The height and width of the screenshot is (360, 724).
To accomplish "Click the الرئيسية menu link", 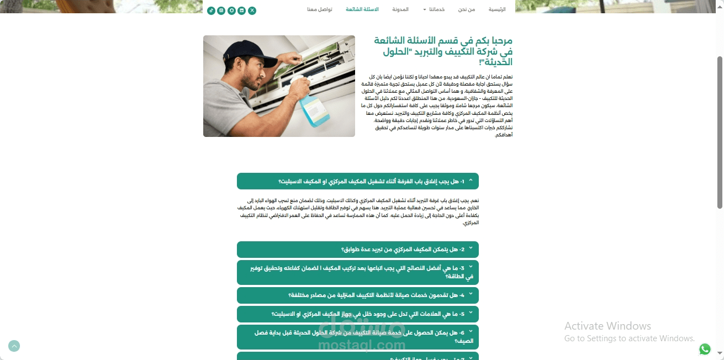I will tap(497, 10).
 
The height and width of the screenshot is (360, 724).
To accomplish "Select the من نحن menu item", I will tap(467, 10).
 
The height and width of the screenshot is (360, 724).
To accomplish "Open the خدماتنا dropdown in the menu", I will tap(434, 10).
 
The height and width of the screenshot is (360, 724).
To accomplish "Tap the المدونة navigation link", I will tap(400, 10).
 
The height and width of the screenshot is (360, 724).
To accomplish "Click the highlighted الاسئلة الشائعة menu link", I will tap(362, 10).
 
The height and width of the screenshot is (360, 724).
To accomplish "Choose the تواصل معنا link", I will tap(320, 10).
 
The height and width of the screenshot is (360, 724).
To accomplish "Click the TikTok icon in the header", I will tap(211, 10).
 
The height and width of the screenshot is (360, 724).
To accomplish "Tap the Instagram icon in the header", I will tap(221, 10).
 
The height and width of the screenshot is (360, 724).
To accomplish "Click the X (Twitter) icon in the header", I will tap(252, 10).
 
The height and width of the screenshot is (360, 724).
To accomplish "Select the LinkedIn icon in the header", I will tap(241, 10).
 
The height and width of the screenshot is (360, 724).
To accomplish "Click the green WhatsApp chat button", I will tap(705, 349).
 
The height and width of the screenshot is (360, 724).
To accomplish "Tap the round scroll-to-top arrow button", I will tap(14, 346).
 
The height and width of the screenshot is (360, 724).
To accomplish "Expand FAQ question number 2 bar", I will tap(357, 250).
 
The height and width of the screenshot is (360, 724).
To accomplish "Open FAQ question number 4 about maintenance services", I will tap(357, 295).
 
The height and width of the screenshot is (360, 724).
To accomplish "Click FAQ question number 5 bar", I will tap(357, 314).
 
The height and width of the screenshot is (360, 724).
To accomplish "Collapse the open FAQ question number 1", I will tap(357, 181).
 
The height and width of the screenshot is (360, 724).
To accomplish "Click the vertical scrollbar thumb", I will tap(720, 133).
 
